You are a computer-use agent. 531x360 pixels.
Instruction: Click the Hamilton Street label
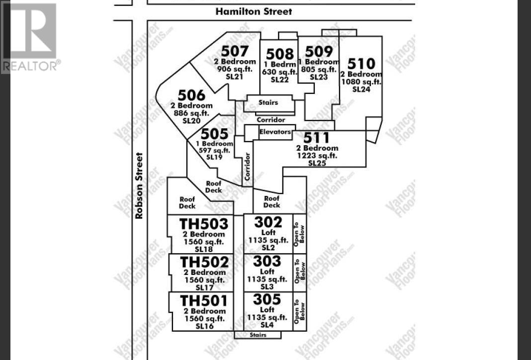(x=254, y=11)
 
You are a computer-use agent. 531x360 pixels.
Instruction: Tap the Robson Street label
(x=139, y=185)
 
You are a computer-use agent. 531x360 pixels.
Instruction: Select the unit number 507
(x=235, y=51)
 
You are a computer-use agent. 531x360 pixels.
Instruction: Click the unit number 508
(x=279, y=54)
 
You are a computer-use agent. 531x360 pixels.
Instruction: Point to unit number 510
(x=361, y=64)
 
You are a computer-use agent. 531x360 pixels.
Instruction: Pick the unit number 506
(x=191, y=95)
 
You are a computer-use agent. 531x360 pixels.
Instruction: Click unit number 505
(x=215, y=134)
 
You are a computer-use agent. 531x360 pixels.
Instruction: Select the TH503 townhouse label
(x=204, y=224)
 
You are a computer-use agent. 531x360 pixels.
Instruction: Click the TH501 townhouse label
(x=204, y=301)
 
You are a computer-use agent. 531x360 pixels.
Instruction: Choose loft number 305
(x=266, y=299)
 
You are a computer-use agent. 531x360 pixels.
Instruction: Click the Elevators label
(x=275, y=132)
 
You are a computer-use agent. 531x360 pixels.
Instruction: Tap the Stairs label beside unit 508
(x=268, y=103)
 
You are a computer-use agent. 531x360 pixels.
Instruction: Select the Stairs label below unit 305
(x=258, y=335)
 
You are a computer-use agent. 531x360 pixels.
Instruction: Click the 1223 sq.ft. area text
(x=316, y=156)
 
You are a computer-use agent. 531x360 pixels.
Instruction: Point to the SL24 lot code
(x=361, y=89)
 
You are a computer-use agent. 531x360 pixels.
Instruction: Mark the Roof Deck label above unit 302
(x=271, y=201)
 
